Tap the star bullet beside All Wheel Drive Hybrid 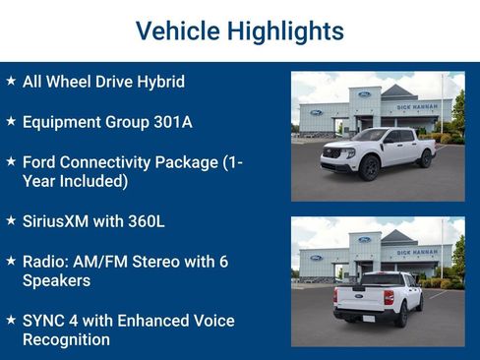pos(11,81)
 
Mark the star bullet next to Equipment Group pos(11,121)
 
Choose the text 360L pos(146,221)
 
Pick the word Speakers pos(57,280)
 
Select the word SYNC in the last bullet pos(43,321)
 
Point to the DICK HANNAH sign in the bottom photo pos(416,251)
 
